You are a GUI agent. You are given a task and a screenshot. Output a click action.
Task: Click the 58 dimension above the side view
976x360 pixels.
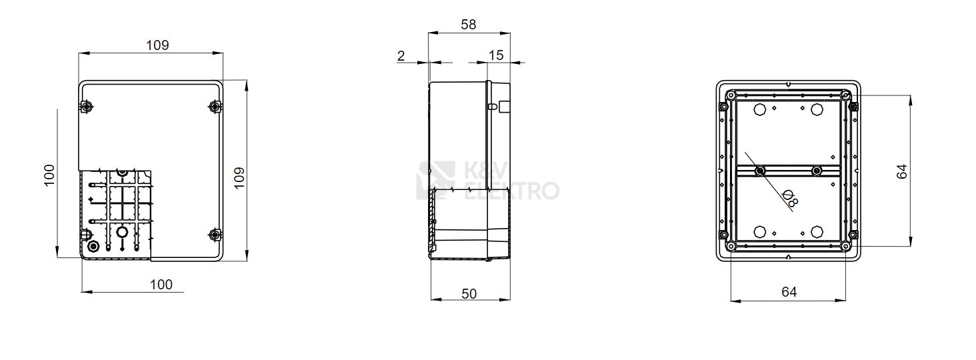469,25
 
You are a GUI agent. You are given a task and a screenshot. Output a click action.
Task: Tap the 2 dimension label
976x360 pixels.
401,56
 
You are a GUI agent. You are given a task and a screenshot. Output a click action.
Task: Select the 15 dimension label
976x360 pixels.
496,55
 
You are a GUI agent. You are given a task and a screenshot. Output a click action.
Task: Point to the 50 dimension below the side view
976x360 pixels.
469,294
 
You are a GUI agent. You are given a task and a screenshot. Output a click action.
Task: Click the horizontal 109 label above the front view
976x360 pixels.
157,45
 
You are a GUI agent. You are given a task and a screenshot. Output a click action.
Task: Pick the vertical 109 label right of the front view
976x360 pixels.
239,178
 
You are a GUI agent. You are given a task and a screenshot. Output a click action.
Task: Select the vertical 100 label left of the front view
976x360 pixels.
50,175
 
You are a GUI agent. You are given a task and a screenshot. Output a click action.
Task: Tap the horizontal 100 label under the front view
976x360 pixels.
161,285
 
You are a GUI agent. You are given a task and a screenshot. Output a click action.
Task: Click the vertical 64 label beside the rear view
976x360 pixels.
901,171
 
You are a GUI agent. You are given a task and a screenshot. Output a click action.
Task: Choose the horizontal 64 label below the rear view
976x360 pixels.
789,291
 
